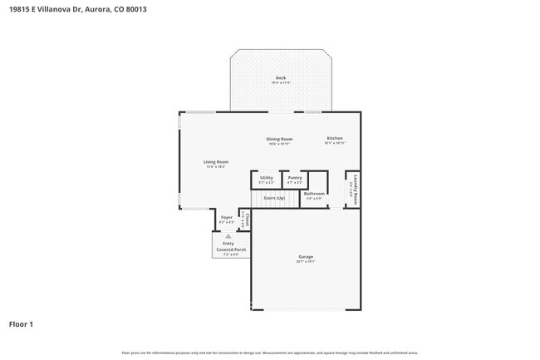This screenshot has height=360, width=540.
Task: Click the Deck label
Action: pyautogui.click(x=280, y=77)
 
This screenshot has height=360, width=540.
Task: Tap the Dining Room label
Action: pyautogui.click(x=279, y=139)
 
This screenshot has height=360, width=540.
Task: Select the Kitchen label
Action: pyautogui.click(x=334, y=138)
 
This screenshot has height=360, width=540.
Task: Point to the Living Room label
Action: pyautogui.click(x=216, y=161)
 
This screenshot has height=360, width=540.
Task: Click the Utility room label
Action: pyautogui.click(x=266, y=177)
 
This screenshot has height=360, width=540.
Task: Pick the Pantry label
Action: pyautogui.click(x=294, y=177)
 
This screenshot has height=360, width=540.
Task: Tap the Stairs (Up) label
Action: pyautogui.click(x=274, y=198)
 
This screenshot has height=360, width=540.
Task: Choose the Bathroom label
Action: pyautogui.click(x=314, y=194)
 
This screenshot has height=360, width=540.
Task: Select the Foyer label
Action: pyautogui.click(x=226, y=217)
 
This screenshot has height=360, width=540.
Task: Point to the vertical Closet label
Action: pyautogui.click(x=247, y=219)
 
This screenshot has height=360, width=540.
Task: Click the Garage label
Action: pyautogui.click(x=306, y=257)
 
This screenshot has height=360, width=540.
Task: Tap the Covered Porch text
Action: pyautogui.click(x=230, y=249)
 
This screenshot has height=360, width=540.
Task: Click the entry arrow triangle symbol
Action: pyautogui.click(x=228, y=236)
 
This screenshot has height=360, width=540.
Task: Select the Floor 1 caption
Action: pyautogui.click(x=21, y=323)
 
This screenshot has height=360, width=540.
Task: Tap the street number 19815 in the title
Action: pyautogui.click(x=20, y=7)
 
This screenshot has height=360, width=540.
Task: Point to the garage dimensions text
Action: pyautogui.click(x=306, y=262)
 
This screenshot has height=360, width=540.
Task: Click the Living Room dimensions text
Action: pyautogui.click(x=216, y=166)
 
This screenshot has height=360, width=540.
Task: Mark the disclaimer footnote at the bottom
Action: pyautogui.click(x=269, y=353)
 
